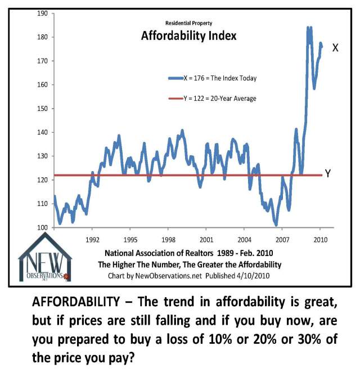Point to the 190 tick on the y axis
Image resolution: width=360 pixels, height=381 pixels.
pos(42,13)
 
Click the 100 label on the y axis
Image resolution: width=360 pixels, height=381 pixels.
pos(42,228)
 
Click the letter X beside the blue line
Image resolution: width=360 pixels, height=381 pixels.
pos(335,48)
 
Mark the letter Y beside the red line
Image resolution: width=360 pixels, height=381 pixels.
pos(328,174)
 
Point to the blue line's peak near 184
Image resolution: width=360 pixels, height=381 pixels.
pos(308,27)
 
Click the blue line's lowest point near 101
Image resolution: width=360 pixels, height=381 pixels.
pos(276,225)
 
